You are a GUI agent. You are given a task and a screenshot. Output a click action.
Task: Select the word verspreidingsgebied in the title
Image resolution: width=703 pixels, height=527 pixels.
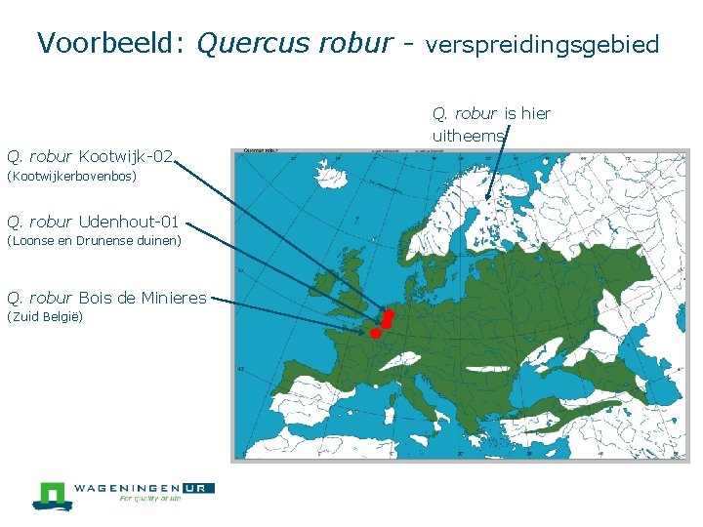coord(543,45)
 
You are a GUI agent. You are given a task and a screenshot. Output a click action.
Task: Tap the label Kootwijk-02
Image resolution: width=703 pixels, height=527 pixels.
coord(126,156)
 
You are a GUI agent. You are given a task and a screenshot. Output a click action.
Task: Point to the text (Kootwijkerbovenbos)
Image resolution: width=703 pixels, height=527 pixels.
coord(71,177)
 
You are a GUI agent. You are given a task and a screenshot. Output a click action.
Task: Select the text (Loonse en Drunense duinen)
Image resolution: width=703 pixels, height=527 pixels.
coord(94,240)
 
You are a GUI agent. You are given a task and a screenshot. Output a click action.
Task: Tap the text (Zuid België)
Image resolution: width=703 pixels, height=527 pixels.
coord(45,317)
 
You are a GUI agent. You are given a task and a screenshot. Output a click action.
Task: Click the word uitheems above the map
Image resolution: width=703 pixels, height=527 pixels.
coord(468,137)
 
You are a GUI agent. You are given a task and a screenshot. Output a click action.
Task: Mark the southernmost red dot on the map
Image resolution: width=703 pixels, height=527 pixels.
coord(375,333)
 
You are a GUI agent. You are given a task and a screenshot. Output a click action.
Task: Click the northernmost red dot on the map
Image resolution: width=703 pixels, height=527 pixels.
coord(389,314)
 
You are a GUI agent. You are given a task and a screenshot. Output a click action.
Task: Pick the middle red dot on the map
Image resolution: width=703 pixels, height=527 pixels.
coord(385,323)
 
